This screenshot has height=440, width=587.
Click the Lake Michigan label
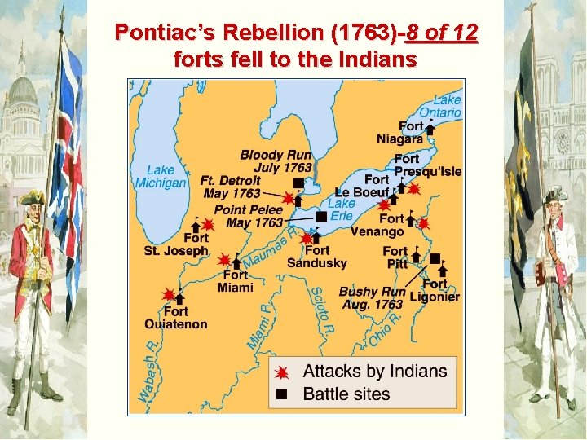(161, 176)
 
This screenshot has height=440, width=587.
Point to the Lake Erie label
(342, 209)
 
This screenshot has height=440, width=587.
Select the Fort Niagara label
(401, 133)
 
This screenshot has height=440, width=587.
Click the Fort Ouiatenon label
(175, 318)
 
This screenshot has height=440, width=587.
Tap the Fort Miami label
(236, 281)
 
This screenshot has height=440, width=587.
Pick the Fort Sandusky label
(317, 257)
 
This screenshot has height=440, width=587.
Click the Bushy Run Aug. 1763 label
(372, 298)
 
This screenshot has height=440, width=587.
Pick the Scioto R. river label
(320, 310)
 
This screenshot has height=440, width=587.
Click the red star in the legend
(282, 372)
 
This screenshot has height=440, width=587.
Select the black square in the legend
(282, 394)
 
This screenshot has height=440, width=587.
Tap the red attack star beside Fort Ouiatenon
(169, 295)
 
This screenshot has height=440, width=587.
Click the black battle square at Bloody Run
(298, 183)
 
